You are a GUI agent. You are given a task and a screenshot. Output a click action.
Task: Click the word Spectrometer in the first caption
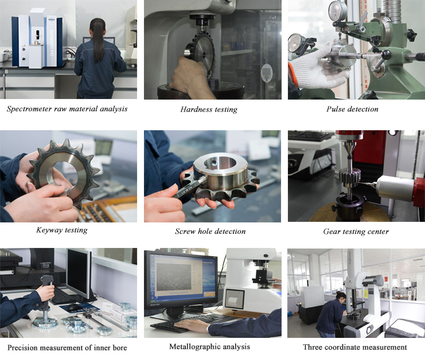click(29, 109)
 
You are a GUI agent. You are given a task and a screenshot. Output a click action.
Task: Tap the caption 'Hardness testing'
click(209, 109)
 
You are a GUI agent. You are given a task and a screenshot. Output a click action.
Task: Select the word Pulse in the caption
click(335, 109)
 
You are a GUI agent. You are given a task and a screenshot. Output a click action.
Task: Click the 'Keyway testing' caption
click(62, 230)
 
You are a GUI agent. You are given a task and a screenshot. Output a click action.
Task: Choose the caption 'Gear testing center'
click(356, 232)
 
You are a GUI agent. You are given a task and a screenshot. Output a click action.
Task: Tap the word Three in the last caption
click(312, 347)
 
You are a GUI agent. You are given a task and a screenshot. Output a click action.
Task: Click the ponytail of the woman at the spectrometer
click(99, 41)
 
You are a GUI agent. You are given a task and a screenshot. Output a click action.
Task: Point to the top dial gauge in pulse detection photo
click(338, 11)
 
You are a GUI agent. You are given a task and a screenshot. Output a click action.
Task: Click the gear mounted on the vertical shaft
click(350, 177)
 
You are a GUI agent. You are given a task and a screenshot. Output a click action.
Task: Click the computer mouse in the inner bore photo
click(74, 307)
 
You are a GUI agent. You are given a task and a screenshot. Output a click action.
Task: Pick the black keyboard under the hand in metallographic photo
click(190, 323)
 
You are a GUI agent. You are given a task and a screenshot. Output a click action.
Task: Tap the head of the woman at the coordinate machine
click(341, 297)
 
